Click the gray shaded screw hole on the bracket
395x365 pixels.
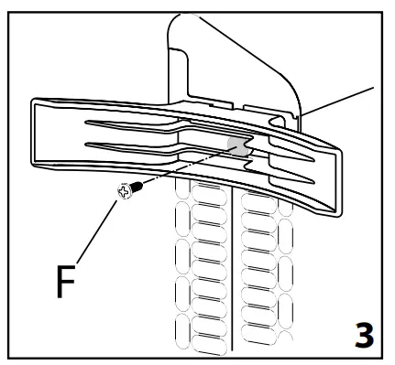pyautogui.click(x=238, y=146)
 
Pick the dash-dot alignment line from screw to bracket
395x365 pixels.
pyautogui.click(x=183, y=166)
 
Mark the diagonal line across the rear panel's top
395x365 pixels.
pyautogui.click(x=247, y=46)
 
